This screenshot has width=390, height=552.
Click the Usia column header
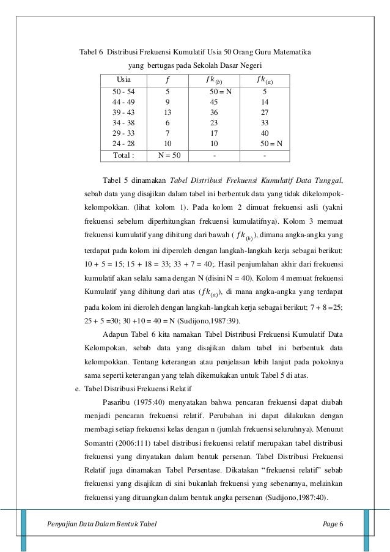coord(123,79)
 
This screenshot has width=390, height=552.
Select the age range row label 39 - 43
coord(124,112)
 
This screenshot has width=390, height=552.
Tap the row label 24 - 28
coord(124,144)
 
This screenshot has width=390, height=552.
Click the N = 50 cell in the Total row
coord(169,155)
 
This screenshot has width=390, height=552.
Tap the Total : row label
coord(123,155)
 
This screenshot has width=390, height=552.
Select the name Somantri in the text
coord(103,443)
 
